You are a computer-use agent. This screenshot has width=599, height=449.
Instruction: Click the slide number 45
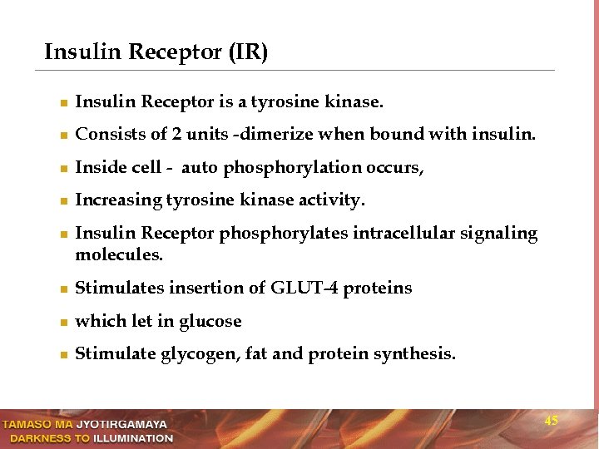point(551,422)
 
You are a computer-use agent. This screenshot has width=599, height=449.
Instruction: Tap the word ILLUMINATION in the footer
point(133,438)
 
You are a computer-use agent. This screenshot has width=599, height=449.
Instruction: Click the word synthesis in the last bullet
point(413,354)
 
